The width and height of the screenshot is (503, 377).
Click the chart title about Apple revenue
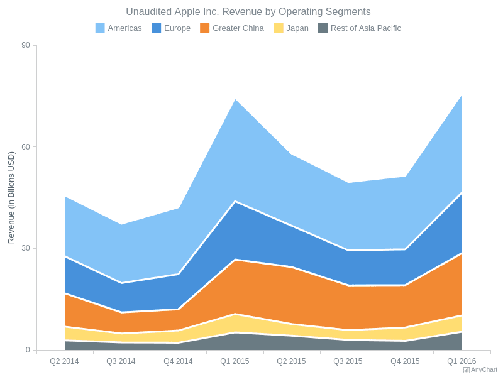[x=248, y=12]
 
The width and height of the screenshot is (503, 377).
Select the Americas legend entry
[x=119, y=28]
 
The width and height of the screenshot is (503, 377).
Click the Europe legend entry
[x=171, y=28]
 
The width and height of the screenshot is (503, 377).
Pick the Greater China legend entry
[x=232, y=28]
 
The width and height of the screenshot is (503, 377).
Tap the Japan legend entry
[x=291, y=28]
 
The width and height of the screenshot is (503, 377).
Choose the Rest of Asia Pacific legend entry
[x=360, y=28]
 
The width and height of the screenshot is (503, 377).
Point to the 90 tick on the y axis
[x=25, y=45]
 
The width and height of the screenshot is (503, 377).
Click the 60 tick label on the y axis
[x=25, y=147]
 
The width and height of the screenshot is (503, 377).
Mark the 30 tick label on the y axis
[x=25, y=248]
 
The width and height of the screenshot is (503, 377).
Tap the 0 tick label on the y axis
[x=28, y=350]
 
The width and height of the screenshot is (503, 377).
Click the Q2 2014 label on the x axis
[x=64, y=361]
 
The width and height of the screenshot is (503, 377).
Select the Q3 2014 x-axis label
[x=121, y=361]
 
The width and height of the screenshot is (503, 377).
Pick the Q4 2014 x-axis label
[x=178, y=361]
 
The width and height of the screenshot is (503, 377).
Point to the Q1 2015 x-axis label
[x=235, y=361]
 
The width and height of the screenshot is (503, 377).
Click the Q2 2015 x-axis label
[x=291, y=361]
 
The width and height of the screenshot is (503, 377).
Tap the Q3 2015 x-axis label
[x=348, y=361]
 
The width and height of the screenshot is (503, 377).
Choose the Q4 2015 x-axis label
[x=405, y=361]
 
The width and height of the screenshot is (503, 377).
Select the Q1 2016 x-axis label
[x=462, y=361]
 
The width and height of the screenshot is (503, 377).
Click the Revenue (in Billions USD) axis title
[x=11, y=197]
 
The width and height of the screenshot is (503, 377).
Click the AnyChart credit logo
[x=480, y=370]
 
